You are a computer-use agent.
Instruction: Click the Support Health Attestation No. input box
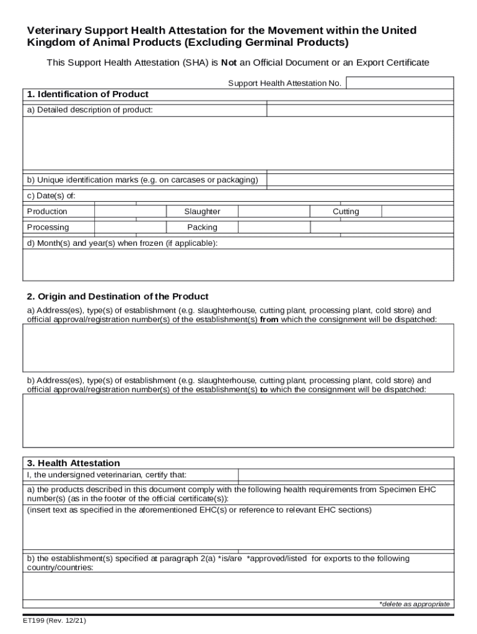(400, 83)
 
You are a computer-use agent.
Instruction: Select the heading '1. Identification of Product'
(87, 95)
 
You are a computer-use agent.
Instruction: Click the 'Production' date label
(47, 212)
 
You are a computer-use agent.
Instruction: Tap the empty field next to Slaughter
(274, 212)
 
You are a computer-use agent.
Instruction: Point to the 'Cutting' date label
(346, 212)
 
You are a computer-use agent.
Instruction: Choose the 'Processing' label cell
(48, 227)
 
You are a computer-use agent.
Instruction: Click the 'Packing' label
(202, 227)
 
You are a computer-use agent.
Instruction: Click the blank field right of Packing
(274, 227)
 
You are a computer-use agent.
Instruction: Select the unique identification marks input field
(360, 180)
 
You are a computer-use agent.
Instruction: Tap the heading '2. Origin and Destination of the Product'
(117, 297)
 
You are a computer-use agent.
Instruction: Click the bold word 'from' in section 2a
(269, 319)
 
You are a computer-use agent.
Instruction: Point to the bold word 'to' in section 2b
(264, 389)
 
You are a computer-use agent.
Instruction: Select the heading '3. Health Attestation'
(73, 463)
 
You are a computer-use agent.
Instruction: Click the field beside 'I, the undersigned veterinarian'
(346, 475)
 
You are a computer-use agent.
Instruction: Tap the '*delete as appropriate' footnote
(414, 604)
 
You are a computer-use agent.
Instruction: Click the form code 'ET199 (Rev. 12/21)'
(56, 621)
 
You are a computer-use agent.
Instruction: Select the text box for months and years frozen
(238, 265)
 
